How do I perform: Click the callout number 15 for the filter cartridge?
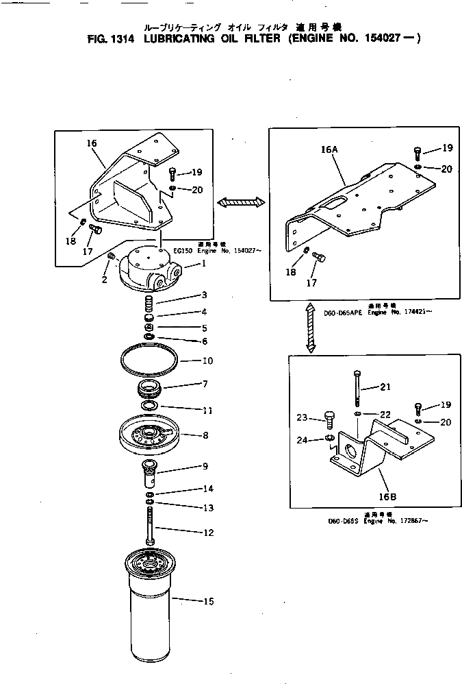[209, 602]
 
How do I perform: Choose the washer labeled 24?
[329, 438]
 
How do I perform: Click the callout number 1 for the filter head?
[203, 264]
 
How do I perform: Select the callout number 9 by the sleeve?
[205, 467]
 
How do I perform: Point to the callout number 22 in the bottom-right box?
[385, 415]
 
